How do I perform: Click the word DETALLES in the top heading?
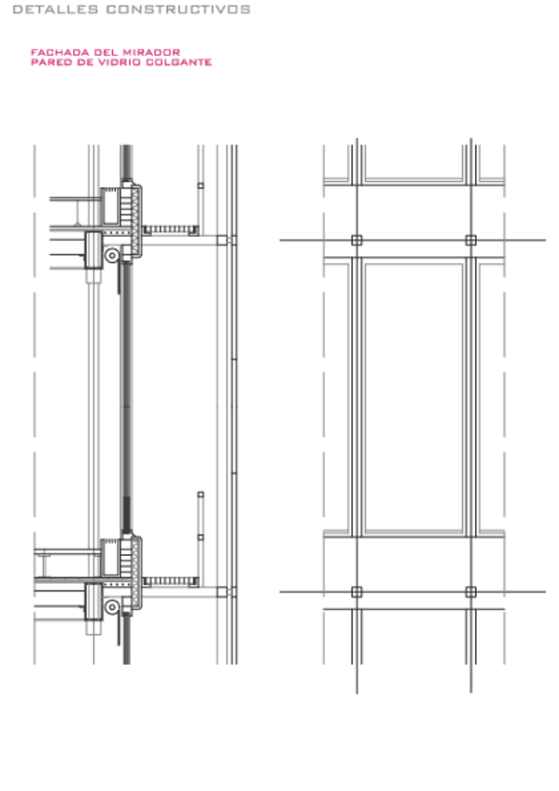point(55,9)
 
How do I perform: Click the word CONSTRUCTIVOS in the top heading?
point(178,9)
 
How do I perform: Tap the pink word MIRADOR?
point(151,52)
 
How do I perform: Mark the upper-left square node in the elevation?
point(356,240)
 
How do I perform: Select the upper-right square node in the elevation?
point(470,240)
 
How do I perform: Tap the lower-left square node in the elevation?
point(356,591)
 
